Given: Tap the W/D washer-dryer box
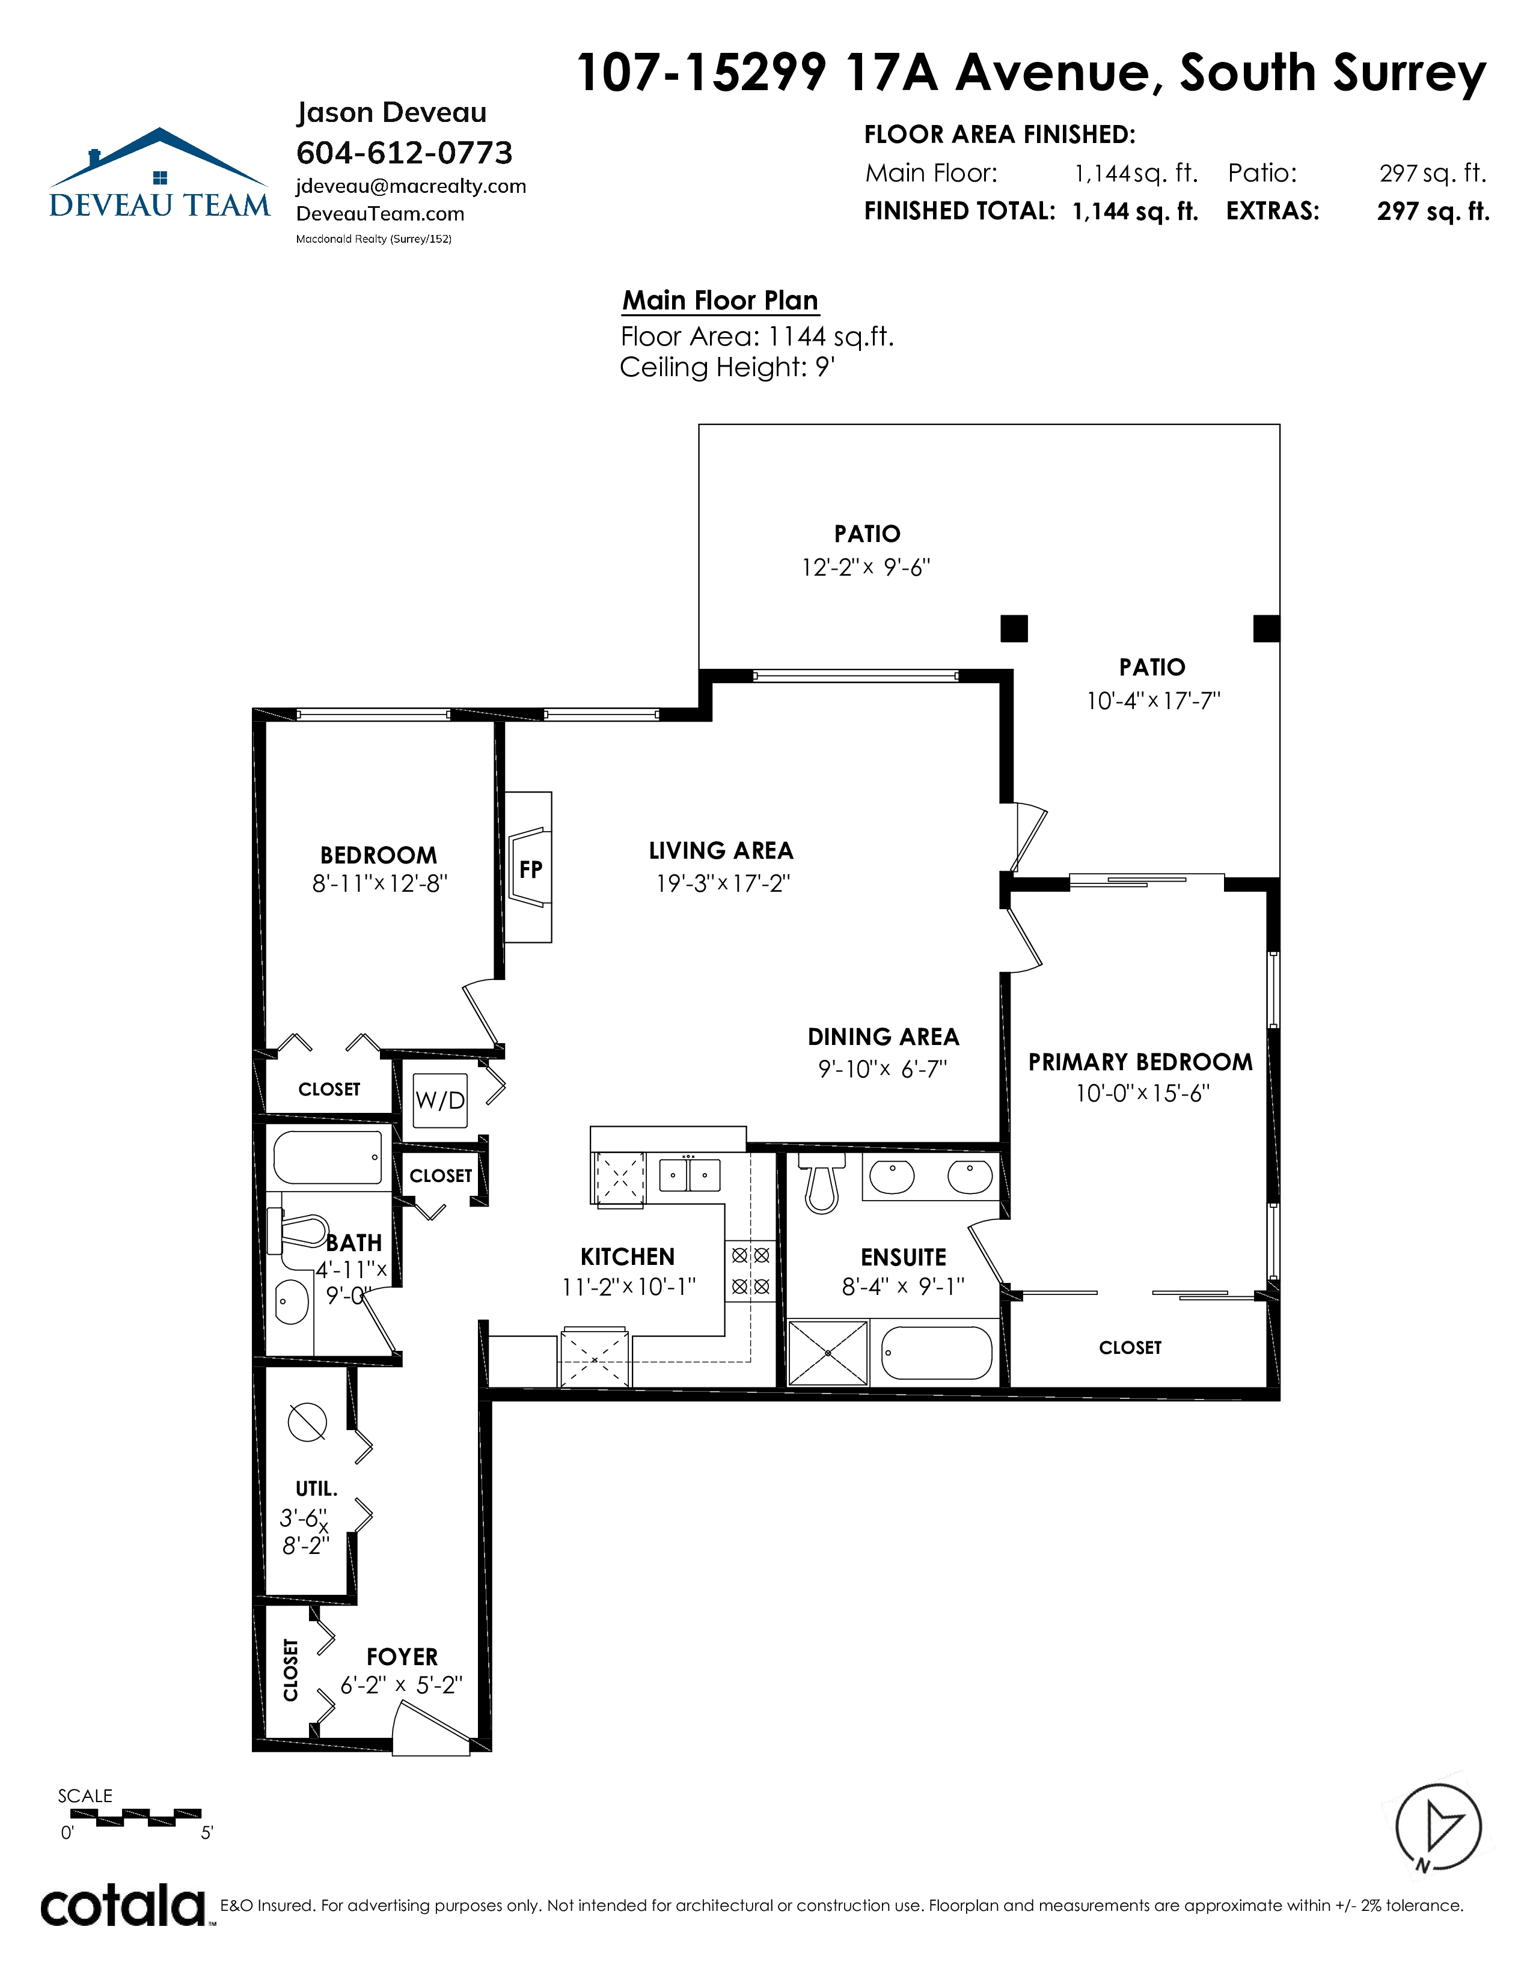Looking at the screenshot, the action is tap(441, 1100).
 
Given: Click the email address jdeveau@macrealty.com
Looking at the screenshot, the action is tap(411, 186).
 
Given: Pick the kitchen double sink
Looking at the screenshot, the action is tap(690, 1175).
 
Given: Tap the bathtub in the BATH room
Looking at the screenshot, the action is tap(327, 1157).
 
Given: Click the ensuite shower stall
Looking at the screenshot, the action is tap(828, 1353).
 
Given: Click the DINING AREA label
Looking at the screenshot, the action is tap(883, 1037).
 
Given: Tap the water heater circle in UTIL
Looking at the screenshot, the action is tap(307, 1422).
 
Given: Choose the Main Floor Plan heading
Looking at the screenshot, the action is tap(720, 300).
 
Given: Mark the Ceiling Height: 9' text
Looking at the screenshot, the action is tap(727, 368).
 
